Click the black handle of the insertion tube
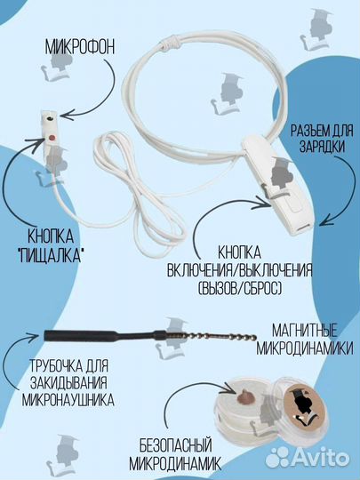(x=89, y=334)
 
